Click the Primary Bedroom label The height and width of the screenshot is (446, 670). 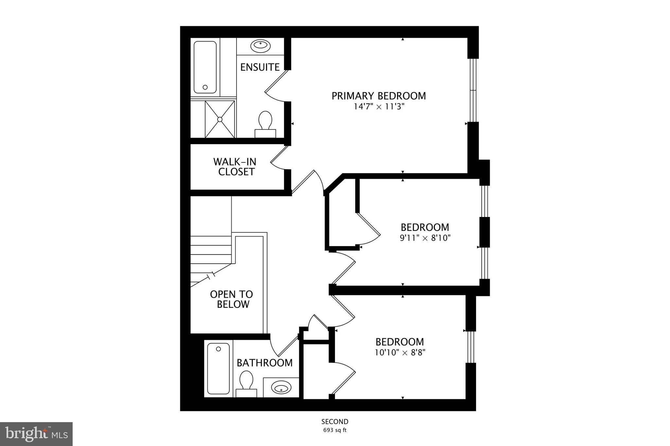click(379, 96)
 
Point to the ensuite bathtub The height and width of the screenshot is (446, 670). click(205, 67)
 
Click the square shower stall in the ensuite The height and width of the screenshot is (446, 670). click(220, 119)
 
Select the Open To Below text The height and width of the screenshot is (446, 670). click(231, 299)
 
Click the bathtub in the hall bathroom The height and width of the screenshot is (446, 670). click(219, 369)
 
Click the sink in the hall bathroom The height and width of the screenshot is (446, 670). click(281, 388)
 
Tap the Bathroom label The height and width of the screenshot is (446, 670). click(264, 363)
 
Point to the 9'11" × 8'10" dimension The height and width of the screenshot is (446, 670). click(425, 238)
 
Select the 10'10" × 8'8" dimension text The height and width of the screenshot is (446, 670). click(399, 353)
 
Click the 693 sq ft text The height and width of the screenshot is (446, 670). click(335, 430)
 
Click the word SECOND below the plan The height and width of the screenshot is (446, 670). click(335, 421)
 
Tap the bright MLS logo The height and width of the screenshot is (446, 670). click(36, 434)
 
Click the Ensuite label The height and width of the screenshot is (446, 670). click(260, 67)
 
